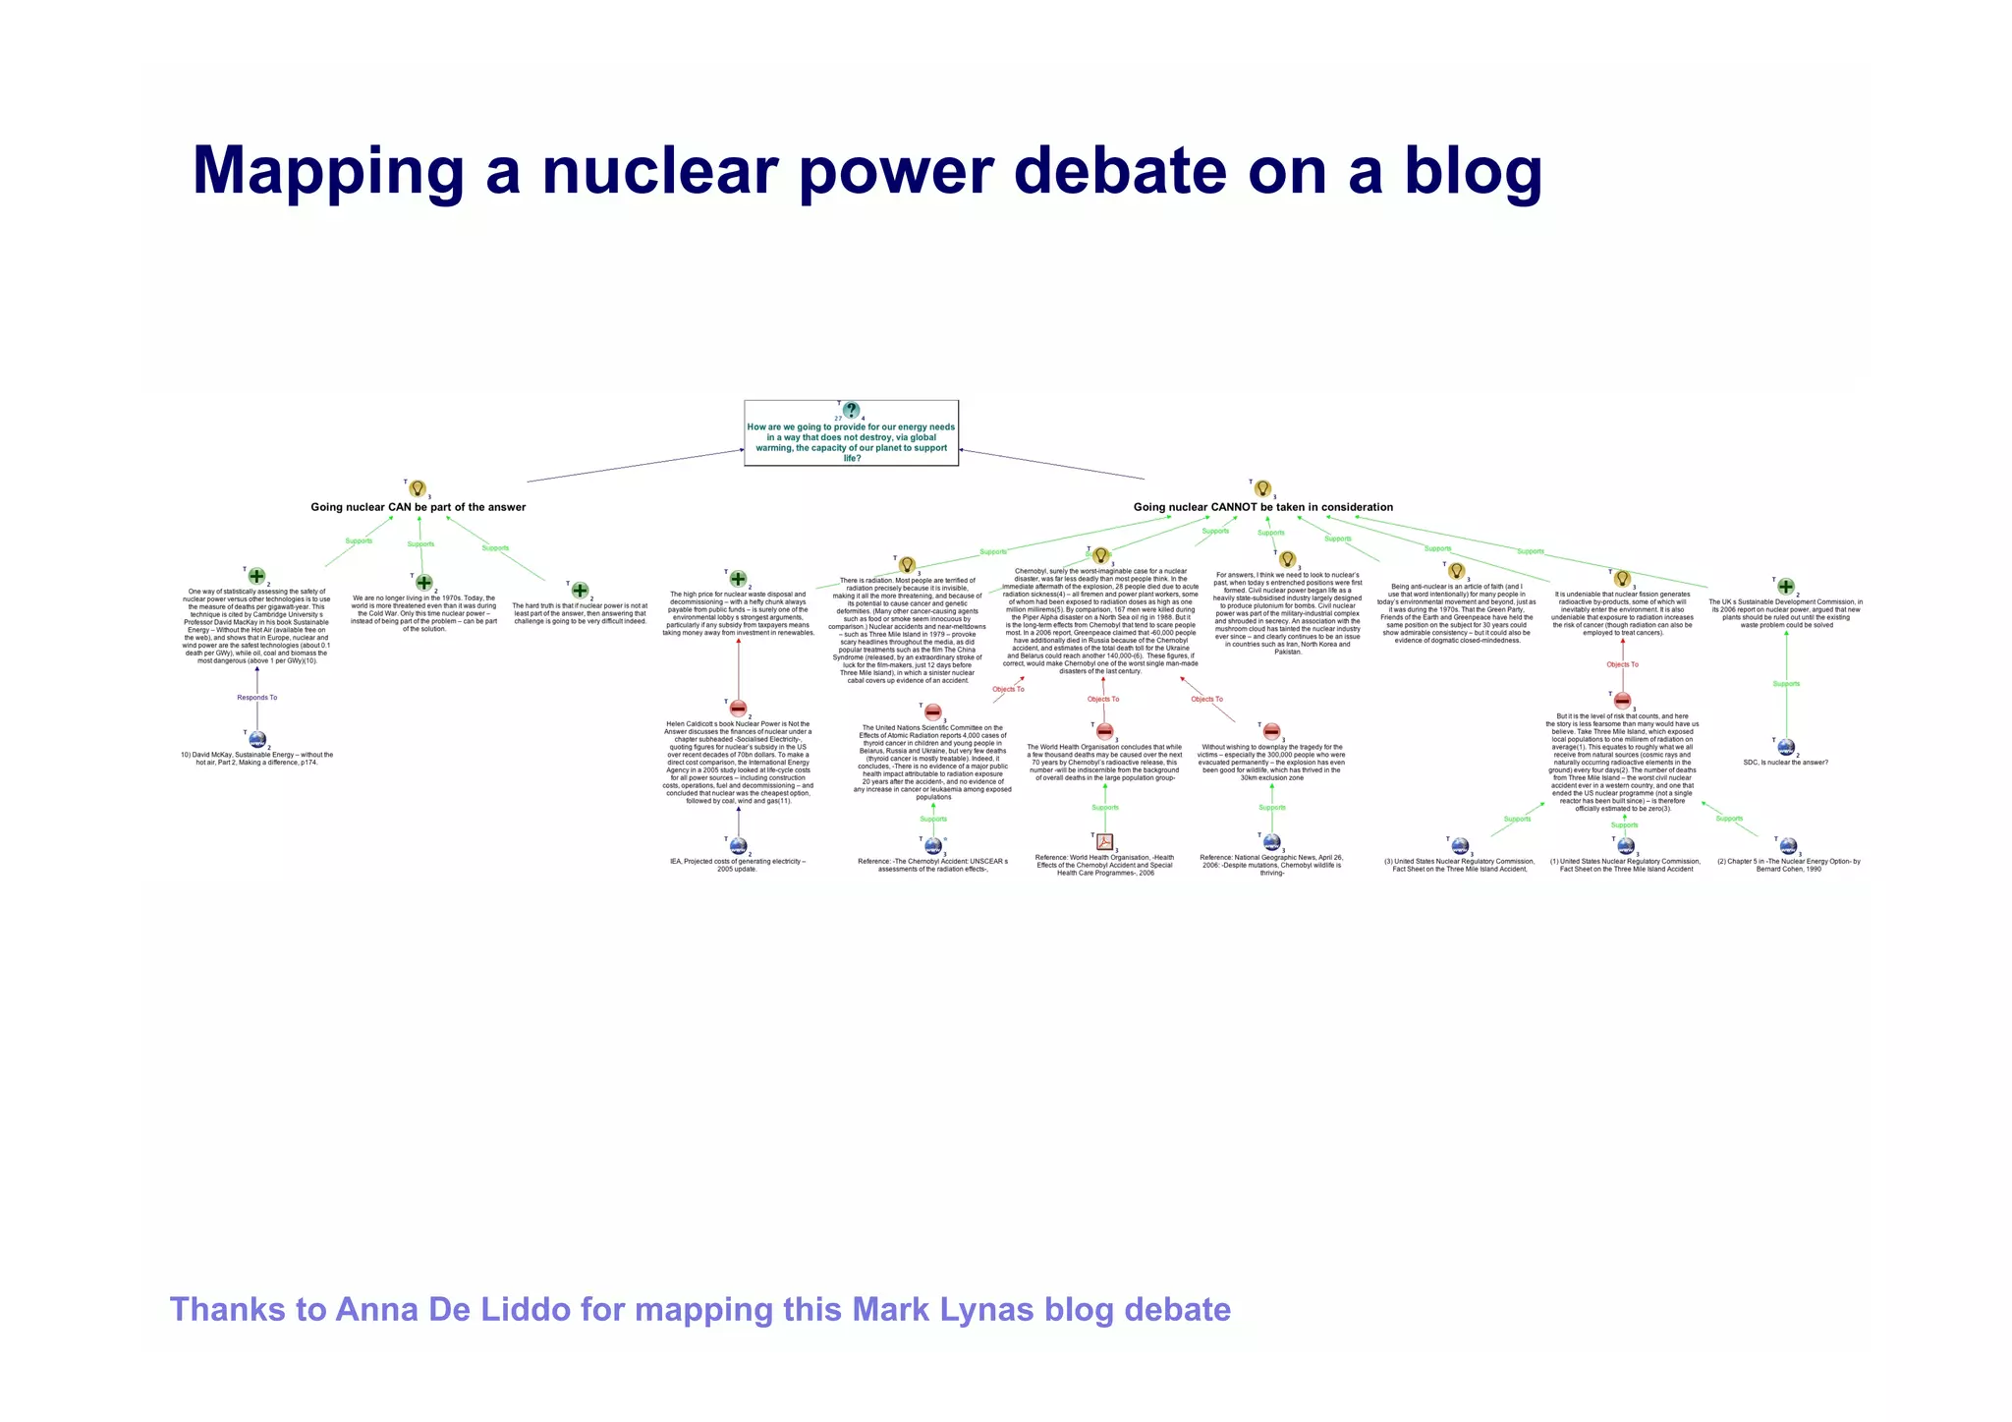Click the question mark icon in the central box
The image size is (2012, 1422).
852,411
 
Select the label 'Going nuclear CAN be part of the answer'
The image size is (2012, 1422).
419,507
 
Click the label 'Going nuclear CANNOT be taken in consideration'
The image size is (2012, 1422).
1263,507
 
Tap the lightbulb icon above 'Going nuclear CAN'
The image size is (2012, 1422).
418,488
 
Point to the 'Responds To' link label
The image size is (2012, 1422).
257,698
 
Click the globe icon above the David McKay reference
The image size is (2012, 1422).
257,739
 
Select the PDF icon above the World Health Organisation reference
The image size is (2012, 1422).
1105,841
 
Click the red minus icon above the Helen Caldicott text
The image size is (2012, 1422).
739,708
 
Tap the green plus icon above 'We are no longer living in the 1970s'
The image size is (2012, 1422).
423,583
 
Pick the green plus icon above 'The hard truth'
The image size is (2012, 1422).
581,591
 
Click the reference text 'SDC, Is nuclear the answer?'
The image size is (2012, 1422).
1786,763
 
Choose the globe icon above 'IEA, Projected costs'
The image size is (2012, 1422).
739,846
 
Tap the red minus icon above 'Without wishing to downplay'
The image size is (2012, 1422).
1272,731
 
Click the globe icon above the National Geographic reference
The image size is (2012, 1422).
1272,842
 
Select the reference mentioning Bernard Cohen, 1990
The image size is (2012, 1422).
1788,866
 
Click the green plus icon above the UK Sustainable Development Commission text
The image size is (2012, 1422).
1786,587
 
